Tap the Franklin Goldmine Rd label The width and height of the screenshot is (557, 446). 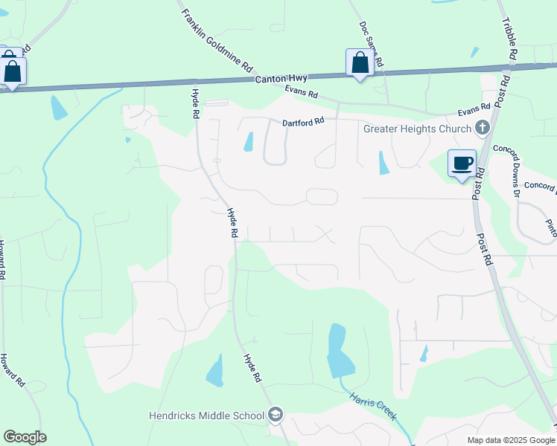point(216,36)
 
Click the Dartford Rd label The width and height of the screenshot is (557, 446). point(303,122)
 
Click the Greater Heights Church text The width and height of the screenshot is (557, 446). point(417,128)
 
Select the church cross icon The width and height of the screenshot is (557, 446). point(483,128)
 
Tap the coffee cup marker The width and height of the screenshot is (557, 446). point(462,163)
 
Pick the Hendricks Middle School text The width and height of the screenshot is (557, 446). point(206,416)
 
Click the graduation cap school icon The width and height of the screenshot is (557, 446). point(276,415)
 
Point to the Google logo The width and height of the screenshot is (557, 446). point(25,437)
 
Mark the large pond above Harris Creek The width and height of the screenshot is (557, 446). point(339,352)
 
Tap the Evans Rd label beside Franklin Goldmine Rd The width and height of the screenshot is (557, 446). point(301,93)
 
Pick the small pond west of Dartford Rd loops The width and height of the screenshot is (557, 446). point(249,141)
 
